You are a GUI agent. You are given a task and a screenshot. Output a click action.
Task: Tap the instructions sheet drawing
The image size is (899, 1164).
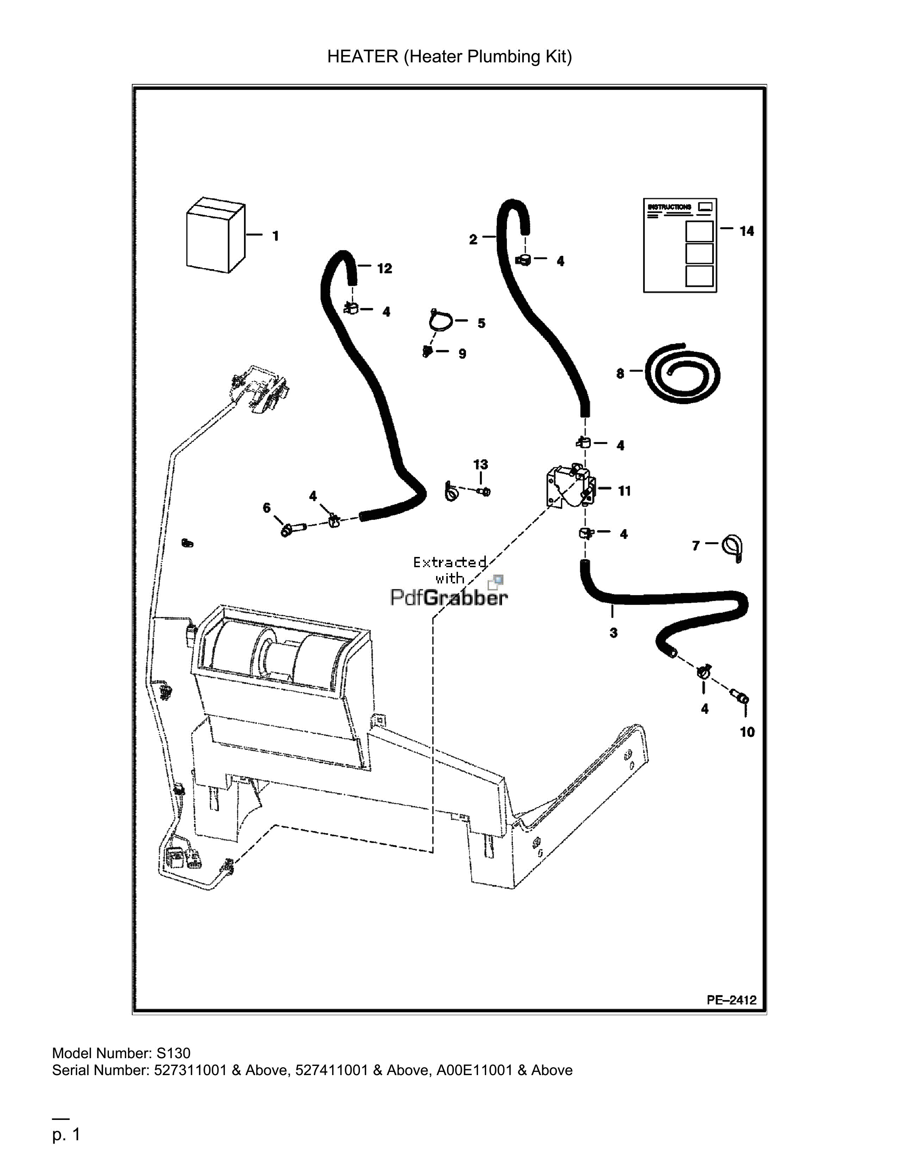coord(680,245)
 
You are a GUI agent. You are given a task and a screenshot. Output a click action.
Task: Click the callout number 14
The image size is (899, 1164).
coord(747,231)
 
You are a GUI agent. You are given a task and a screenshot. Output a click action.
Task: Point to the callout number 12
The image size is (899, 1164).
coord(385,269)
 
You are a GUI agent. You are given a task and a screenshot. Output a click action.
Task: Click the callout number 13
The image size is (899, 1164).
coord(481,464)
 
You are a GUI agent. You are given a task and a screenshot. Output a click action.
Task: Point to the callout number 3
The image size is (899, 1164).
coord(613,633)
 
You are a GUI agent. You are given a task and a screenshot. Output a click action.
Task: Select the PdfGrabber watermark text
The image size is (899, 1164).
coord(449,597)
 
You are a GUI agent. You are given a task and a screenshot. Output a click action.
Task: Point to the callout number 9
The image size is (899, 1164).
coord(462,354)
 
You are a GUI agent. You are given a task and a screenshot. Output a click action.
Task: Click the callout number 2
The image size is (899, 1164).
coord(473,240)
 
